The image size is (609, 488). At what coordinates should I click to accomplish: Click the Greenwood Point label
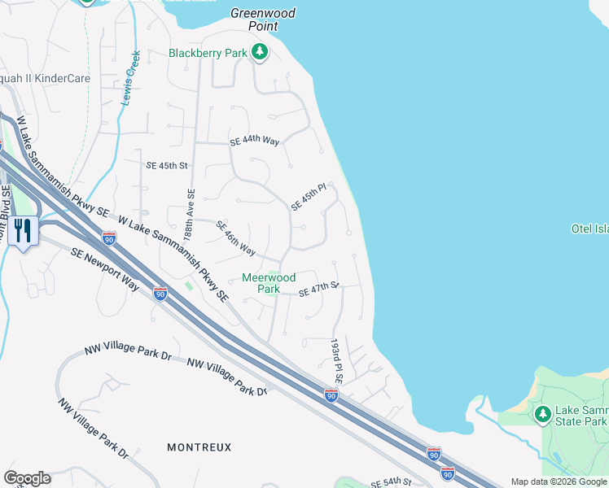coord(262,20)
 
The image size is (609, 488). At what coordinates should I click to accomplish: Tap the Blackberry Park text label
coord(207,54)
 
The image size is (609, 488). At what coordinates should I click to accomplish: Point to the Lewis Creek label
coord(130,78)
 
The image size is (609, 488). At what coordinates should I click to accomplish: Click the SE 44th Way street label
coord(254,142)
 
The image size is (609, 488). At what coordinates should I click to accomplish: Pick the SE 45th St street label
coord(166,165)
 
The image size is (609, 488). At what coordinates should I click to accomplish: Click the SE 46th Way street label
coord(236,237)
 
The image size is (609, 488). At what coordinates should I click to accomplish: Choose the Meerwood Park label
coord(269,283)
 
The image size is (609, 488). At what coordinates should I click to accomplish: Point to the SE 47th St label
coord(318,290)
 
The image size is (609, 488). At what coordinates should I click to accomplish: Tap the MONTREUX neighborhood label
coord(199,447)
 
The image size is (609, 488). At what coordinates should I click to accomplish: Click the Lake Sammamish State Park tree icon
coord(542,415)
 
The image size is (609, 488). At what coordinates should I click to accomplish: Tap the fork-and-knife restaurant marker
coord(21,231)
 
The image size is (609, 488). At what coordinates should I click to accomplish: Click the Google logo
coord(27,478)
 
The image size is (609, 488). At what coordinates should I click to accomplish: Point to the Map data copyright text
coord(559,481)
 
